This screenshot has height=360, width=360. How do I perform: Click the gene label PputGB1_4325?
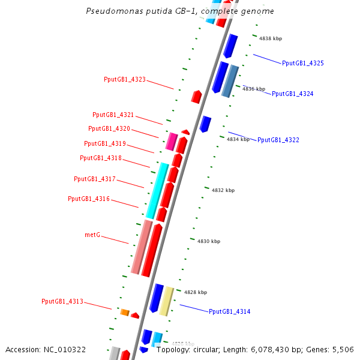pos(303,63)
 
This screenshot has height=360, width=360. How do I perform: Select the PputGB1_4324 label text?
pos(292,94)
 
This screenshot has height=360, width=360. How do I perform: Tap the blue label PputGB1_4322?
pos(278,140)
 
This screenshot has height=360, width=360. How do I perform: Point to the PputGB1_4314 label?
pos(229,311)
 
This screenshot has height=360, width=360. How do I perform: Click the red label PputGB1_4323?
pos(124,79)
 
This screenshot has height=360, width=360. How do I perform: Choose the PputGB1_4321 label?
pos(113,115)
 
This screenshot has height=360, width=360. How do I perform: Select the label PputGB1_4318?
pos(100,158)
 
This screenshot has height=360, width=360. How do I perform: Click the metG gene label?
pos(92,235)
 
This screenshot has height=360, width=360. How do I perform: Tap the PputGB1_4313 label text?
pos(62,301)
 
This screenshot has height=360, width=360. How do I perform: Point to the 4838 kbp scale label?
pos(271,38)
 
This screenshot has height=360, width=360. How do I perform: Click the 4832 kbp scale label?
pos(223,190)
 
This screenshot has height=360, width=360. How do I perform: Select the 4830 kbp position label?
pos(209,241)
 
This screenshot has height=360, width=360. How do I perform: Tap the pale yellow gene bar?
pos(166,301)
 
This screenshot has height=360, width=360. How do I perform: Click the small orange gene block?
pos(125,312)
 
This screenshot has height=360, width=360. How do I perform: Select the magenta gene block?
pos(171,142)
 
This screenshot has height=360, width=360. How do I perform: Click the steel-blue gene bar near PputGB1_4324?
pos(230,81)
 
